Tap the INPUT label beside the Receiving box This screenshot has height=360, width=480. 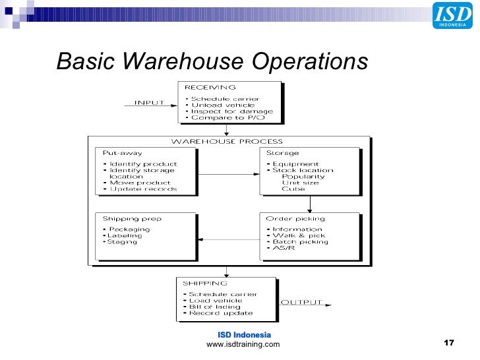(150, 102)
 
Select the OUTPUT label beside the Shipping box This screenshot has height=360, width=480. (302, 302)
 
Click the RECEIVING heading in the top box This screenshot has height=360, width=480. (210, 87)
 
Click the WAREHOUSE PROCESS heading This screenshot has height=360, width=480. (227, 141)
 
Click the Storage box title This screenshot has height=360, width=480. (282, 153)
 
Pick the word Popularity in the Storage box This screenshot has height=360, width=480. (303, 177)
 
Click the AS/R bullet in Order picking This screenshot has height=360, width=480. (284, 249)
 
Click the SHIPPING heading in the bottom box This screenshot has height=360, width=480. (204, 283)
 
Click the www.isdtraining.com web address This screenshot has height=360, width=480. (243, 344)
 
